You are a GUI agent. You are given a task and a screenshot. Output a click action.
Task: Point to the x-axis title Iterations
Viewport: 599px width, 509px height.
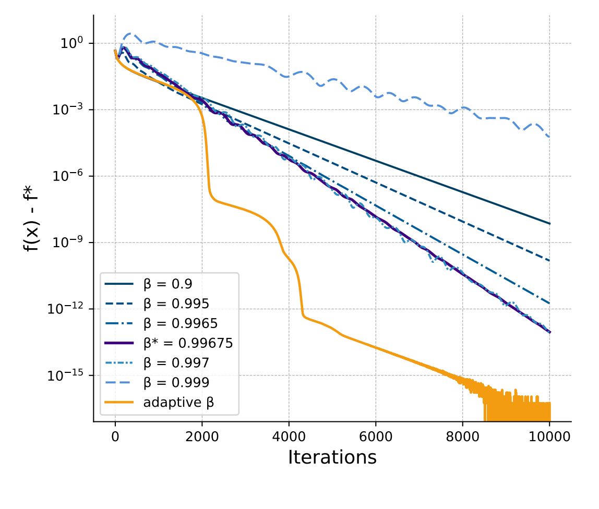pyautogui.click(x=332, y=457)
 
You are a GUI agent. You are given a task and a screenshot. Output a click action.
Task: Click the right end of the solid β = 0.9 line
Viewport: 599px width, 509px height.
pyautogui.click(x=550, y=224)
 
